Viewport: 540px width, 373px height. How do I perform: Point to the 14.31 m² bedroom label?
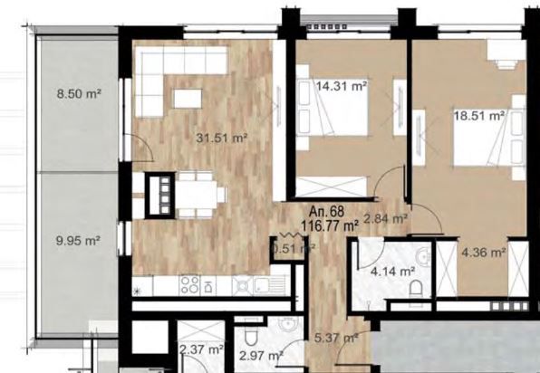(342, 87)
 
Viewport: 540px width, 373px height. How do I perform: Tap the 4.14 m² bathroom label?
(393, 270)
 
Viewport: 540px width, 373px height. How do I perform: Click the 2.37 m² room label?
(202, 349)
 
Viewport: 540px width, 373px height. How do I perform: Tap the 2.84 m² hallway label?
(385, 217)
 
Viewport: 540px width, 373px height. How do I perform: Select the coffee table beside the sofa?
(190, 98)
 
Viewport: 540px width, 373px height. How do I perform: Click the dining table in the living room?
(198, 192)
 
